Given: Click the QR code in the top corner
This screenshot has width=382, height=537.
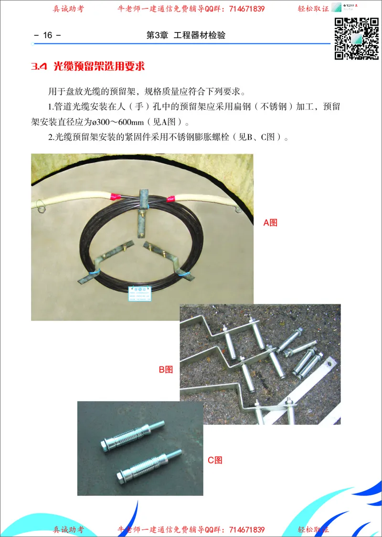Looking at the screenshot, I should [356, 39].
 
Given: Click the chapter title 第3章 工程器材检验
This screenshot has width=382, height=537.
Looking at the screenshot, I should [186, 35].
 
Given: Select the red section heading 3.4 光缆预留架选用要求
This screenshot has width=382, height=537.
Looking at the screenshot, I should [88, 66].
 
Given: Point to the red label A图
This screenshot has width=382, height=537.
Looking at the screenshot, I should [270, 222].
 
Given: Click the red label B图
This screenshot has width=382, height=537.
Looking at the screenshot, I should [166, 369].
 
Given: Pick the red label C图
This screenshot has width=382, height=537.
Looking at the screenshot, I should [215, 460].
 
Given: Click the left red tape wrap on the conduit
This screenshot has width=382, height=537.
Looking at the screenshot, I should [115, 196].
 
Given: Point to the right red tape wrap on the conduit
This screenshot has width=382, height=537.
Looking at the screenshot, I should [171, 197].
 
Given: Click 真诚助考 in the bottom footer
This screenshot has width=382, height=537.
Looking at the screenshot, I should [68, 530].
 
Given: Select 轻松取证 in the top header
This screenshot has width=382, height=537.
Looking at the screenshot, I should [314, 9].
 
